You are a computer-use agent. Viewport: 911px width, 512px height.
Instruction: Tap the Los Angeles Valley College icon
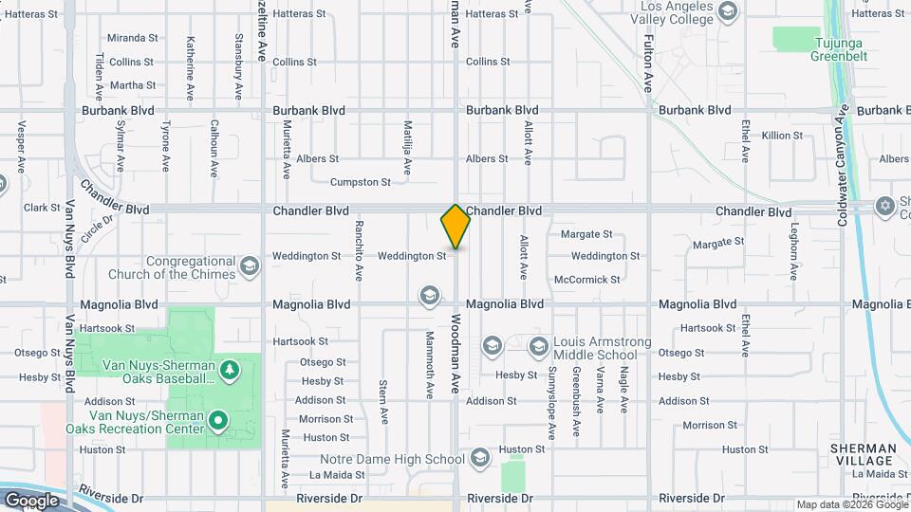728,11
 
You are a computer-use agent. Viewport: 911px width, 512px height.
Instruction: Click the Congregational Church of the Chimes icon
250,265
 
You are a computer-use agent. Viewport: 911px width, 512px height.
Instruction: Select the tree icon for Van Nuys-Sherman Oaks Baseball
228,369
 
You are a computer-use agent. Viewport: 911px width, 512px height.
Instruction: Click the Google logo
31,500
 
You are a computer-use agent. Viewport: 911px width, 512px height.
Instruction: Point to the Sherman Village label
862,454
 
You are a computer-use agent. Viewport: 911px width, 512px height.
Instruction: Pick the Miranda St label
133,38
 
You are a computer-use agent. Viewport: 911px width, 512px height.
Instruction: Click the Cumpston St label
361,182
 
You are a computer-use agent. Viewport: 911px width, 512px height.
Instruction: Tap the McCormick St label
587,280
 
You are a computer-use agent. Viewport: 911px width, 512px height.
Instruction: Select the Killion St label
782,136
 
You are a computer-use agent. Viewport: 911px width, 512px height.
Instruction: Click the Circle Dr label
97,229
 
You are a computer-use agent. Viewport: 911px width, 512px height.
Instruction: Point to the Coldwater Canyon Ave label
842,171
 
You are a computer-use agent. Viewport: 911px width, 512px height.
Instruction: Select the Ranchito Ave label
360,250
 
